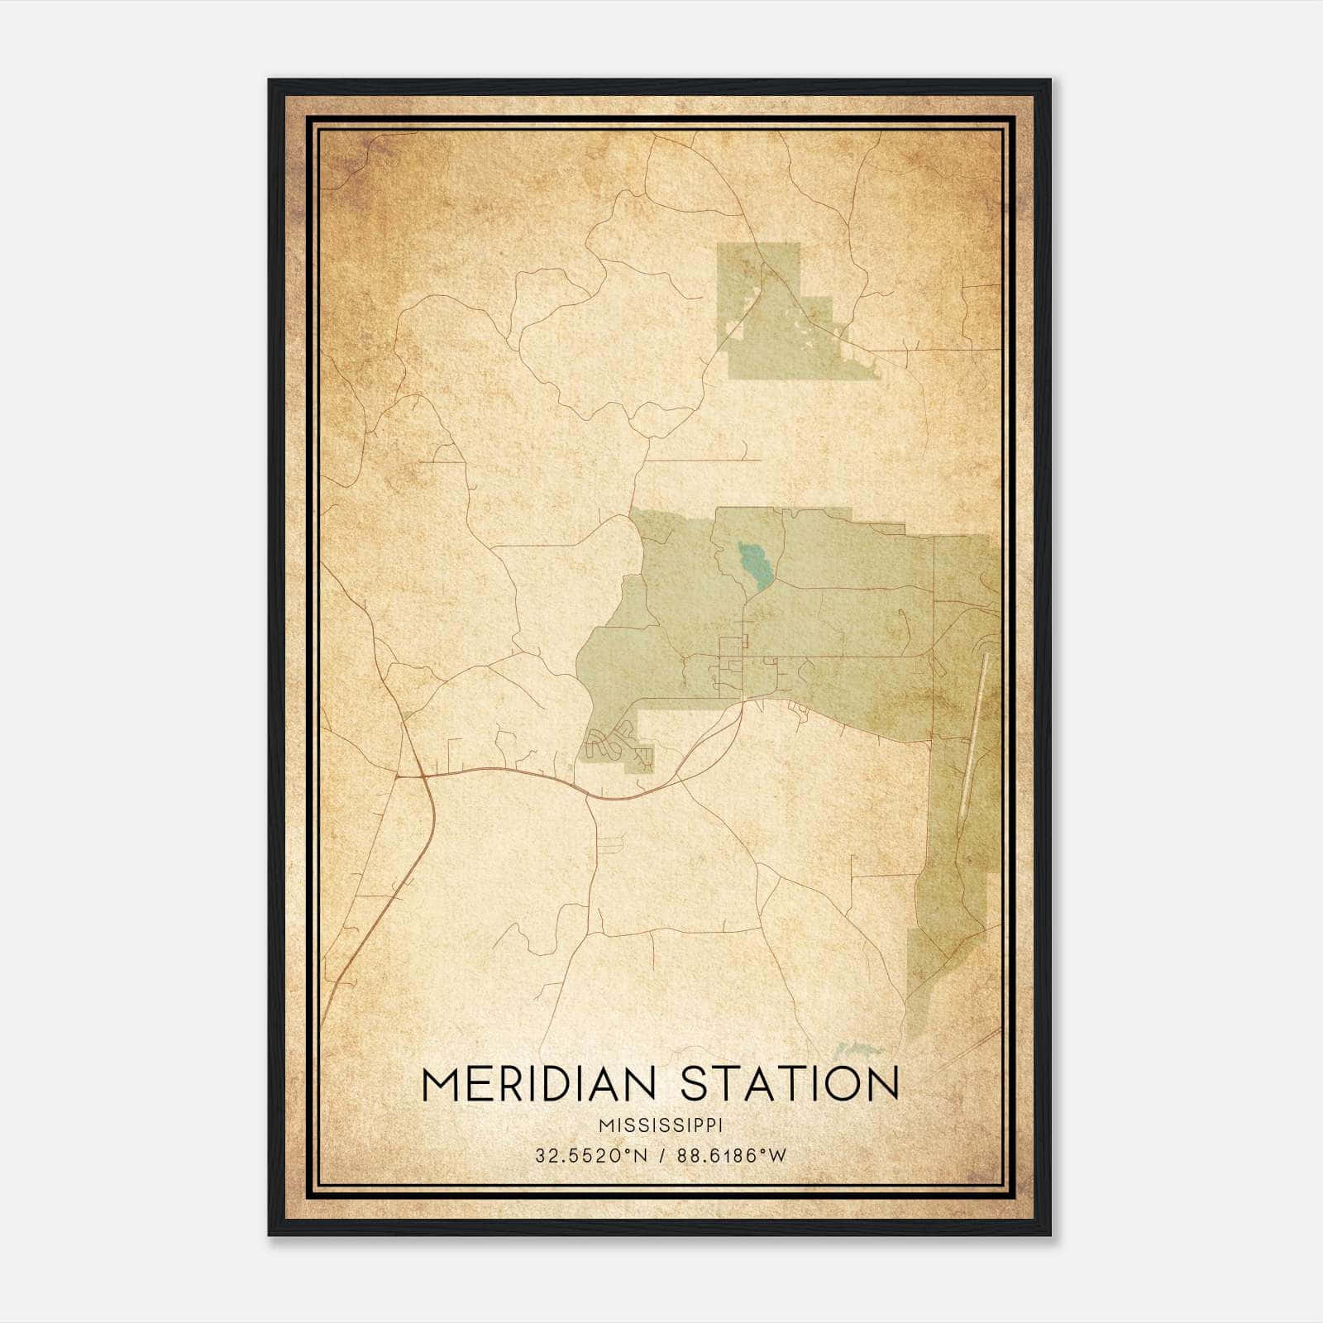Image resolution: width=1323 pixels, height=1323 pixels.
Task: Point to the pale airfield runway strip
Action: pos(976,728)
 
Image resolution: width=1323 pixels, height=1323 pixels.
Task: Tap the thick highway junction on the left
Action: pos(423,777)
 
